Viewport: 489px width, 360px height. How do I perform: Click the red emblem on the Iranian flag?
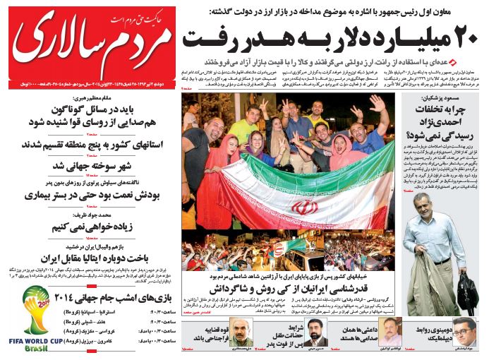tap(306, 208)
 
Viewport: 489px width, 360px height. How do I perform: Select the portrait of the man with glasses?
tap(463, 331)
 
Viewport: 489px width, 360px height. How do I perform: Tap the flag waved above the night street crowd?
tap(290, 247)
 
